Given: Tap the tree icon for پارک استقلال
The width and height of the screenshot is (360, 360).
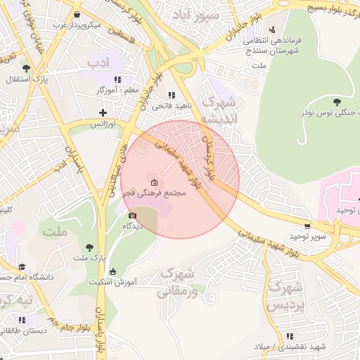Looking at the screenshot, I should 26,68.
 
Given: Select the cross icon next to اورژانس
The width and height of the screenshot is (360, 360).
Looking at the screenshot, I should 103,112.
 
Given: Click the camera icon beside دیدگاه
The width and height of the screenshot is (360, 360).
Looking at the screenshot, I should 132,215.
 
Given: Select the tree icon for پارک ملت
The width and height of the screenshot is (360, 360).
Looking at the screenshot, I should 89,247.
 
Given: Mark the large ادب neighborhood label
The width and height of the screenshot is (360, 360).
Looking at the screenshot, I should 99,65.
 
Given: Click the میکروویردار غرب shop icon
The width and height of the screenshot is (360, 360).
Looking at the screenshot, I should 77,15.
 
